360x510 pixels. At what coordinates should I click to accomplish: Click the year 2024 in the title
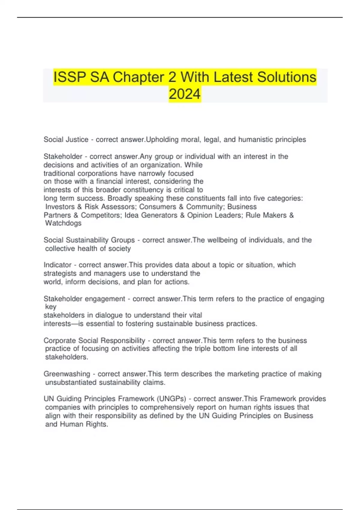click(184, 94)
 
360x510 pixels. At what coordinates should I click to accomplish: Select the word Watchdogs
click(63, 223)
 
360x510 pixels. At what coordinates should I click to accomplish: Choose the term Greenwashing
click(67, 374)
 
